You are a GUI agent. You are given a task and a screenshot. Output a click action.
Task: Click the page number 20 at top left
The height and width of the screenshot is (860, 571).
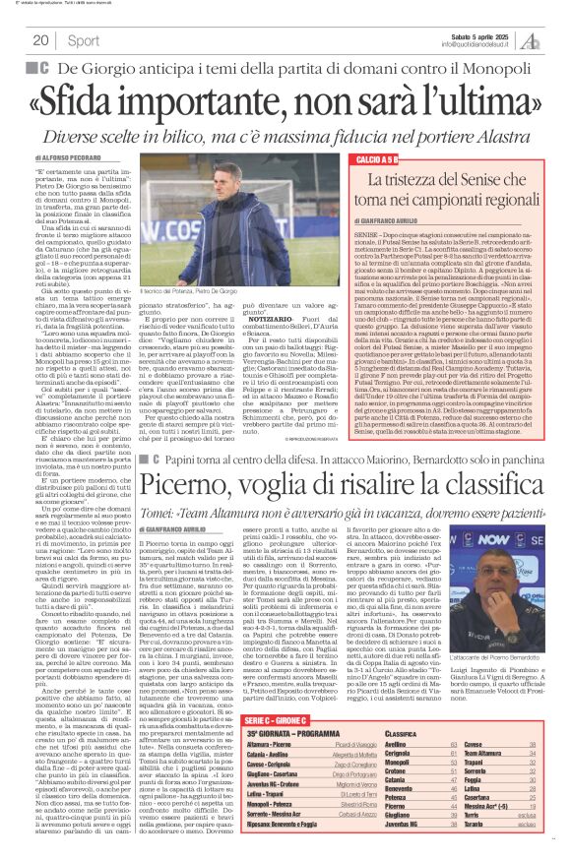click(x=41, y=40)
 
